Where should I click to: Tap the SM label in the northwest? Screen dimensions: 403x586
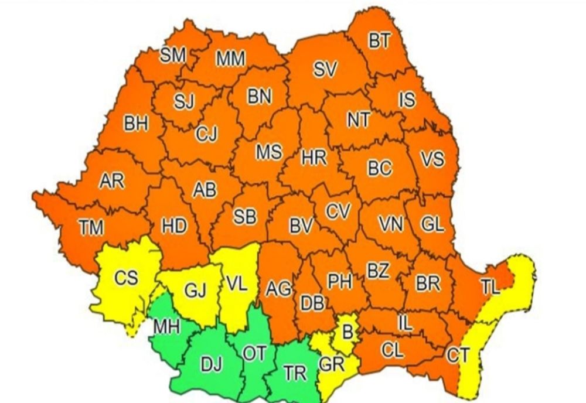click(x=173, y=55)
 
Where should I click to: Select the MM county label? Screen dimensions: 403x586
click(x=230, y=59)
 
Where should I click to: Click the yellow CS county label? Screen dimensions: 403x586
click(x=126, y=278)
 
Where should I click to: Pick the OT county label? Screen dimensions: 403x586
click(x=255, y=354)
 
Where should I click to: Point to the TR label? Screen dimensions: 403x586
click(x=294, y=373)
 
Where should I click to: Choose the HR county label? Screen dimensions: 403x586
click(x=314, y=158)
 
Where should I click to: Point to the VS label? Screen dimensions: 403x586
click(x=432, y=159)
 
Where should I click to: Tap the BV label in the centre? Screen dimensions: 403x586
click(x=302, y=225)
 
